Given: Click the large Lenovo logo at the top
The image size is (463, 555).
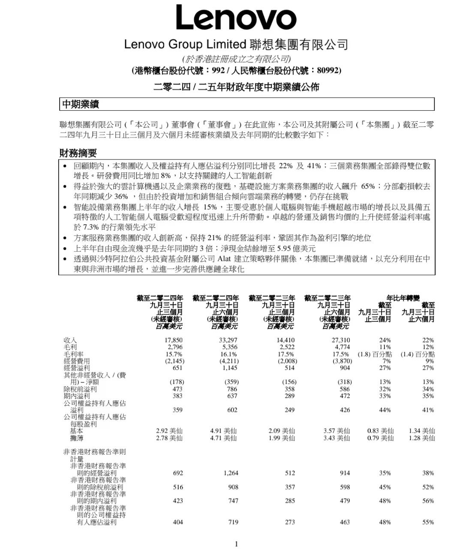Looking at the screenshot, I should click(x=236, y=18).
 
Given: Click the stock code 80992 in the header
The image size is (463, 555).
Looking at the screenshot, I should click(x=328, y=70).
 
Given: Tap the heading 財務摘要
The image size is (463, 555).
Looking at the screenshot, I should click(x=78, y=153).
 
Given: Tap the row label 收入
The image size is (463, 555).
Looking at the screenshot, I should click(x=70, y=340).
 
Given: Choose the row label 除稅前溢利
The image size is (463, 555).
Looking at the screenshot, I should click(x=80, y=389).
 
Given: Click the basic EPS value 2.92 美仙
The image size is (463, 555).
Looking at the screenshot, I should click(x=169, y=431).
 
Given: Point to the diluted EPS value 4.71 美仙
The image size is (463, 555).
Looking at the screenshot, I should click(x=223, y=438).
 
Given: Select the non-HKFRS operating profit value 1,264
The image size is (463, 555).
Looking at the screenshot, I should click(x=231, y=473).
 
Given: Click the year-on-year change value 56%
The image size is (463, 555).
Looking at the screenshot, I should click(x=428, y=501).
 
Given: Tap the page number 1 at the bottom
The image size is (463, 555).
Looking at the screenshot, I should click(x=236, y=544).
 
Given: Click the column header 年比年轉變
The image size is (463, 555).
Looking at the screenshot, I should click(x=403, y=298).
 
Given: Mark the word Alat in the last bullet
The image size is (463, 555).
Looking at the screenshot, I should click(x=225, y=259).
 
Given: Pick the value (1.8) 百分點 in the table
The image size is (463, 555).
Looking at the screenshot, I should click(x=374, y=354).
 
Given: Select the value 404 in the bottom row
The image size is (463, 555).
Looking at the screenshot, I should click(x=178, y=522).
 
